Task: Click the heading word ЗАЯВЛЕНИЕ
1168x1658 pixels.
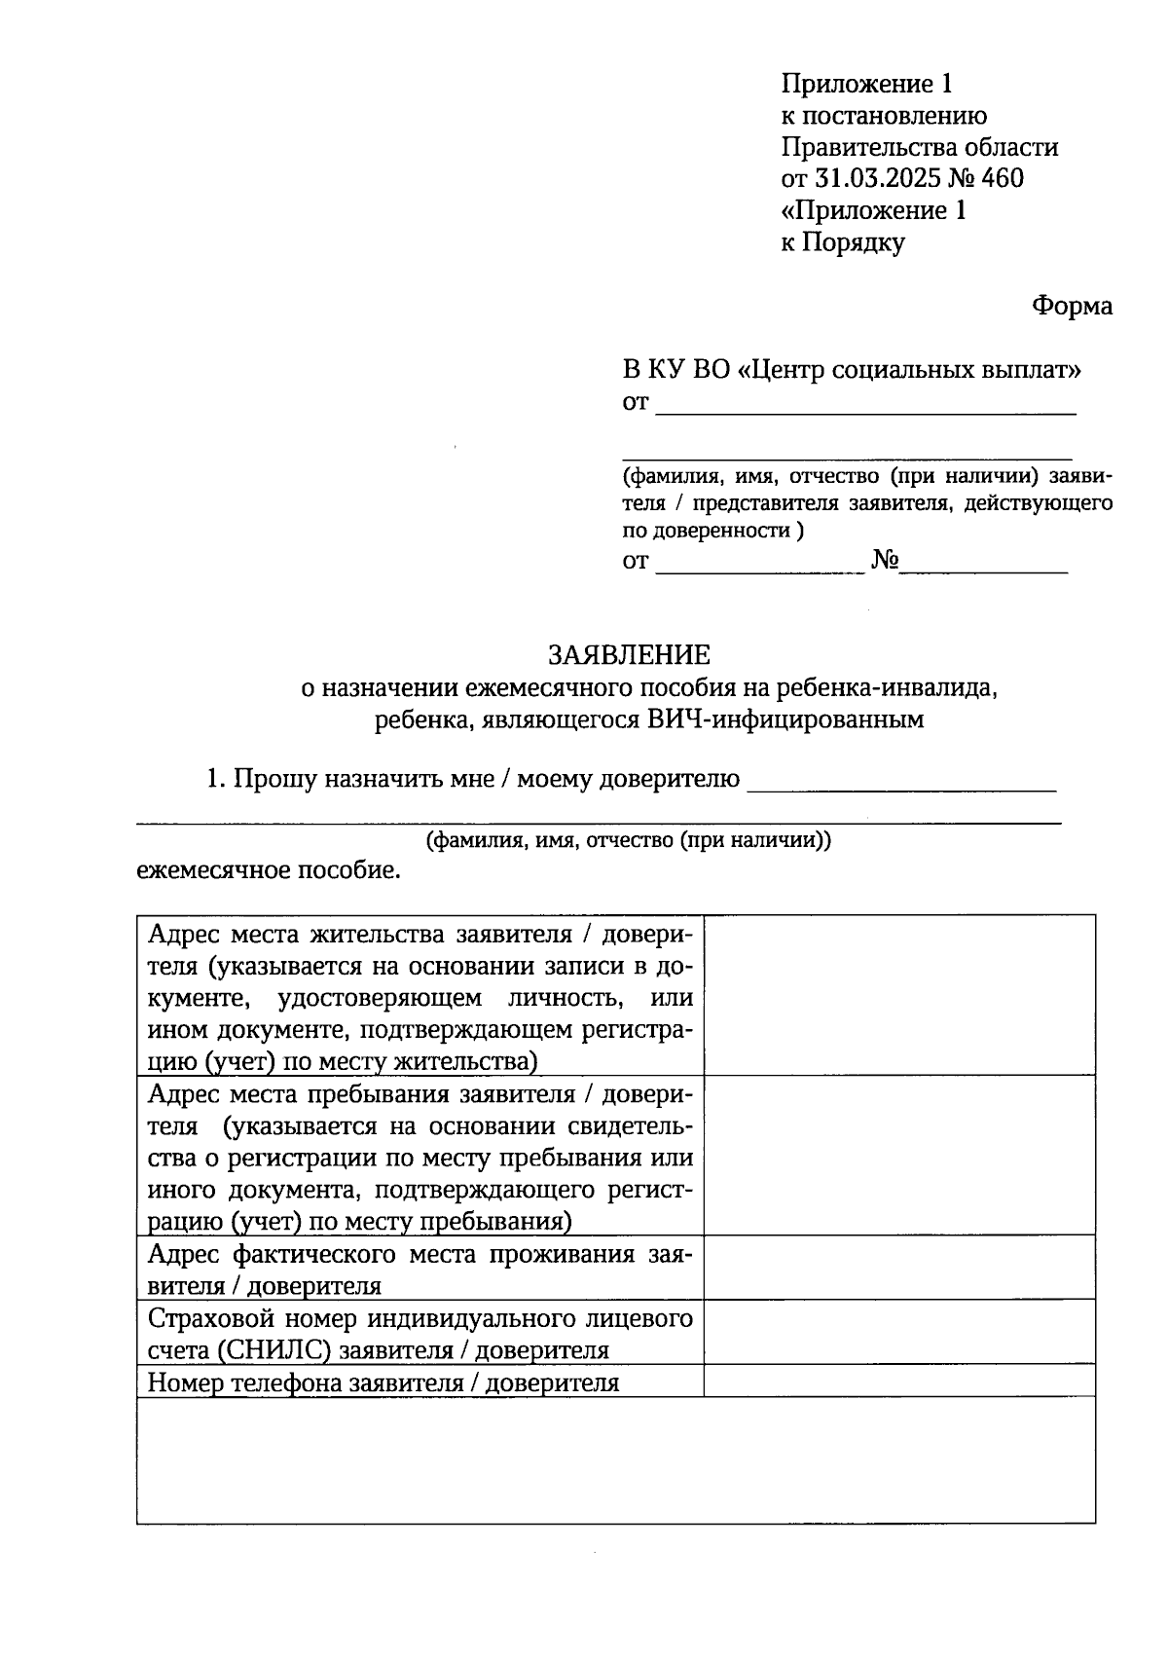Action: coord(629,653)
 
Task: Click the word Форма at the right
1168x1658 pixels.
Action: coord(1072,306)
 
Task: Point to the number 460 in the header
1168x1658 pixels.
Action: coord(1002,179)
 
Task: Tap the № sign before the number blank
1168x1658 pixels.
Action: coord(885,562)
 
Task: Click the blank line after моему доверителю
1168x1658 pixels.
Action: coord(901,782)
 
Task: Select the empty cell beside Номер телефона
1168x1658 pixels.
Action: coord(899,1381)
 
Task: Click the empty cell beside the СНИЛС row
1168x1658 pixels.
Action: coord(899,1332)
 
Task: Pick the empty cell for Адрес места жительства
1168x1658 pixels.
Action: coord(899,995)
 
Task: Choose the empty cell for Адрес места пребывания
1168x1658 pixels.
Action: coord(899,1155)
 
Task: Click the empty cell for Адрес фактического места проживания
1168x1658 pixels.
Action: coord(899,1268)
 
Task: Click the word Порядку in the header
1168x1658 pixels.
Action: coord(854,242)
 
